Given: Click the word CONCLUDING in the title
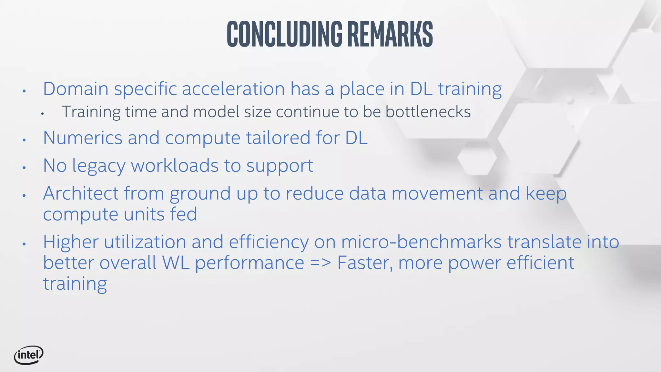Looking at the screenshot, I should [x=284, y=34].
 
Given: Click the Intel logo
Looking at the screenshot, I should [x=28, y=355].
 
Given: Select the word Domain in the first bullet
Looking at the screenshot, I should [x=76, y=89].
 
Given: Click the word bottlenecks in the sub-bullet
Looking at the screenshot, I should [x=428, y=112].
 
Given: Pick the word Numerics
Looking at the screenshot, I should [x=83, y=138].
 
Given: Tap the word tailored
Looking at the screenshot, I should [x=278, y=138].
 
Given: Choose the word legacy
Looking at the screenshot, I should [x=99, y=166].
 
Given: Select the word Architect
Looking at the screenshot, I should [x=81, y=193].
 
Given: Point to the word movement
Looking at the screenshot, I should [x=437, y=193].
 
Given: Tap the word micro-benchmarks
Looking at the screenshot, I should [x=421, y=242].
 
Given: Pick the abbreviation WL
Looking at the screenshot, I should [x=176, y=263].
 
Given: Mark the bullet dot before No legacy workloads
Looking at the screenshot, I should [x=24, y=168].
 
